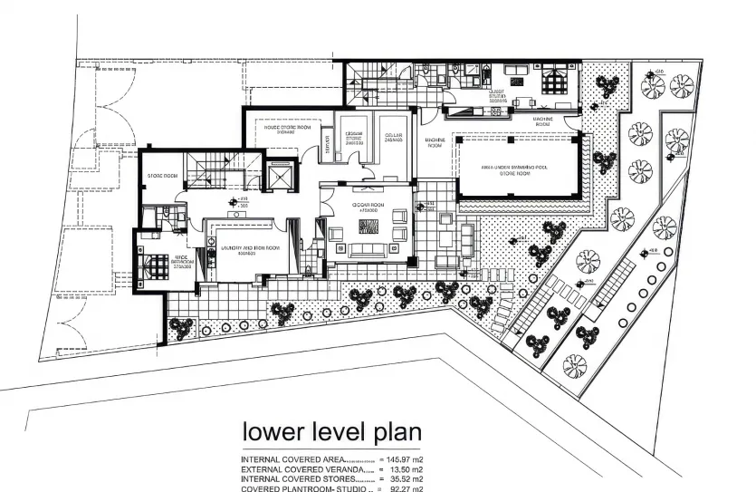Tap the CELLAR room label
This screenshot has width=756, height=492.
pyautogui.click(x=393, y=136)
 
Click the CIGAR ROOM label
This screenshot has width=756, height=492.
pyautogui.click(x=368, y=206)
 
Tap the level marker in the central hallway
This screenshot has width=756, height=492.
pyautogui.click(x=237, y=201)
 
